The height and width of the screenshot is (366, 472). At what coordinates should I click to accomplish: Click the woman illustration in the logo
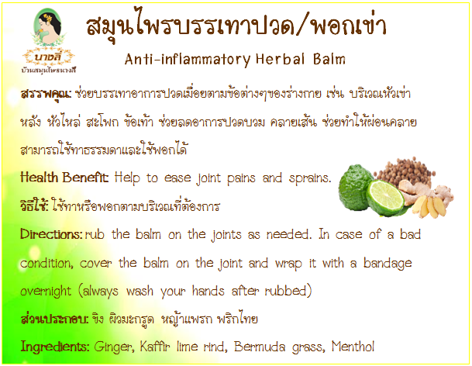point(47,26)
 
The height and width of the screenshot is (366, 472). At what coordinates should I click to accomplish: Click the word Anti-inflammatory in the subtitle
point(188,60)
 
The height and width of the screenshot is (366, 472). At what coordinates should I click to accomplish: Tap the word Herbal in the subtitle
point(281,59)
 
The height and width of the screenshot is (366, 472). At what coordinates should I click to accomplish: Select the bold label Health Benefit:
point(64,178)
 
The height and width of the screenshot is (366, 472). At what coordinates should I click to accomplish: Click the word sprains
point(310,178)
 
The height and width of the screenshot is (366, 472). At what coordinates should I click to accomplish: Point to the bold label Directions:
point(51,234)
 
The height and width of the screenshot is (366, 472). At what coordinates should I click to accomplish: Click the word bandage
point(388,264)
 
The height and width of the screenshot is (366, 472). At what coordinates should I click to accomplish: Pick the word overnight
point(46,292)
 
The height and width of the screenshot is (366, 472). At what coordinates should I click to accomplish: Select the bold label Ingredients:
point(55,347)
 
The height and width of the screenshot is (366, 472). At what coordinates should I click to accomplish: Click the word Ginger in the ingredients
point(114,347)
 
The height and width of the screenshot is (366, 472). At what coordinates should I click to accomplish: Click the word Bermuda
point(260,347)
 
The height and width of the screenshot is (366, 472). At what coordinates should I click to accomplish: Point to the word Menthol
point(353,347)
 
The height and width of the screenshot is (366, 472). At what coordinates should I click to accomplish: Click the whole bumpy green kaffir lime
point(355,188)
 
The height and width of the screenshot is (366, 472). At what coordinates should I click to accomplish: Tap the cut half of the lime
point(385,198)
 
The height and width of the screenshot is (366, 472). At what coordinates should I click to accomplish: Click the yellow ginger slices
point(429,206)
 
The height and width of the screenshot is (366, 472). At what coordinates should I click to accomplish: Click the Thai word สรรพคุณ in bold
point(46,94)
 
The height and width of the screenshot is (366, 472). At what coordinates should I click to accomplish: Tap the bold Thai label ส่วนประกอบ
point(54,319)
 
